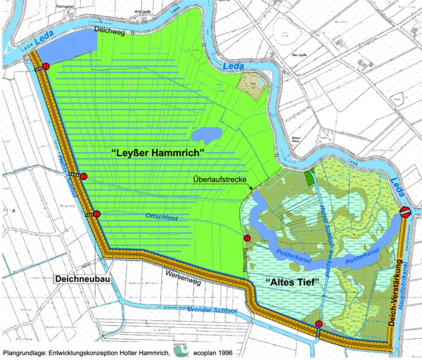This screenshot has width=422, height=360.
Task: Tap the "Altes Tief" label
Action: (290, 283)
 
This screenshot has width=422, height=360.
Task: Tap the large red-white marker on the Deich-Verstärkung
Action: (406, 212)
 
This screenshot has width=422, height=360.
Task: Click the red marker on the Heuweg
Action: (247, 240)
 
